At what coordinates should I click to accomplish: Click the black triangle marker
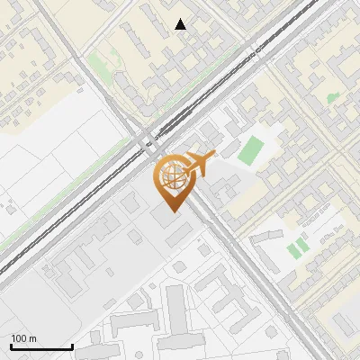tap(181, 24)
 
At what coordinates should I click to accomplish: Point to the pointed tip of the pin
tap(172, 211)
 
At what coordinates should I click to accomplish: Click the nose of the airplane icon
tap(213, 157)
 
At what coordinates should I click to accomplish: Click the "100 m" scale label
tap(23, 338)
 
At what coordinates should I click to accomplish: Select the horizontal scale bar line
tap(41, 347)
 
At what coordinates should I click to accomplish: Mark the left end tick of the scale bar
tap(11, 346)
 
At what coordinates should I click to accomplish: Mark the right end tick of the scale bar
tap(72, 346)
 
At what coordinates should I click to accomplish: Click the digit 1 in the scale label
tap(13, 338)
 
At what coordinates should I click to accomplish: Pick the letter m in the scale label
tap(32, 339)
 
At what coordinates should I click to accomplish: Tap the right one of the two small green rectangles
tap(303, 244)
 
